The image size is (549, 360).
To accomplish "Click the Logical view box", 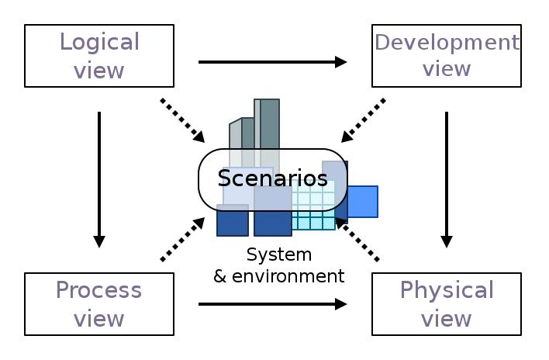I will [x=99, y=55].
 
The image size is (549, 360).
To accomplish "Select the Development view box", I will [x=446, y=55].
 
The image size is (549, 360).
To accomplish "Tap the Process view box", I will [x=99, y=303].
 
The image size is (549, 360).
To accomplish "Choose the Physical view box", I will [x=446, y=303].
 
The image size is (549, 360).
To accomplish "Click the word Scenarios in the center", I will [x=272, y=178].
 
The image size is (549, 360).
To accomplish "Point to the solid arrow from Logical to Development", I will [x=271, y=62].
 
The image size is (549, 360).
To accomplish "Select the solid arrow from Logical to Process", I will [x=99, y=178].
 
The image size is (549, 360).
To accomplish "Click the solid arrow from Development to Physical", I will [x=447, y=178].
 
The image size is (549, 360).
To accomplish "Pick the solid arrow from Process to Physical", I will [x=271, y=304].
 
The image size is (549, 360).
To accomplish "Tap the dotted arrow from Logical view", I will [x=182, y=120].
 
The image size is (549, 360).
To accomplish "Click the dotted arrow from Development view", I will [x=363, y=120].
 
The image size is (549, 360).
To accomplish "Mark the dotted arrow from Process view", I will [x=182, y=239].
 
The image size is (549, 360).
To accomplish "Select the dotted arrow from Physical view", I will [x=357, y=239].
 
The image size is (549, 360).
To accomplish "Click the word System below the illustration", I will [x=278, y=254].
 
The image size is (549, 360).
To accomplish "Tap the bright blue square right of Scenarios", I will [x=362, y=201].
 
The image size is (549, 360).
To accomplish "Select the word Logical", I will [x=99, y=41].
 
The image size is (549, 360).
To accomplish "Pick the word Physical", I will [x=446, y=290].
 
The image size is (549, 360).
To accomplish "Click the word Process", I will [x=99, y=290].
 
